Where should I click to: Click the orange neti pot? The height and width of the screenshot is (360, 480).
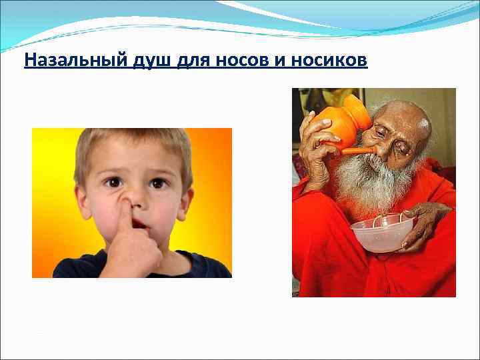[344, 123]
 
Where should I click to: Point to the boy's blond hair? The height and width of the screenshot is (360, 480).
[133, 143]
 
